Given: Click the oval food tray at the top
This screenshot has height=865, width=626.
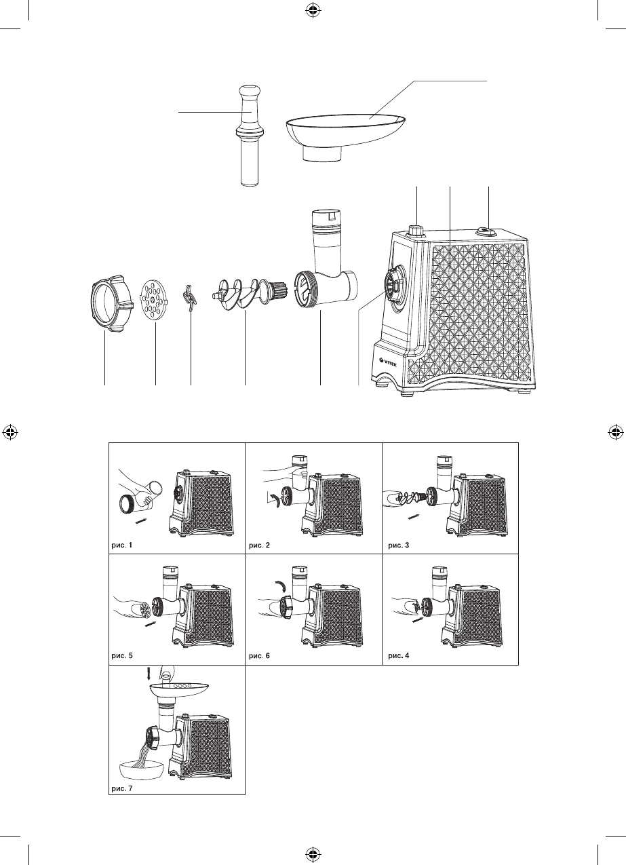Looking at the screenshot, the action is tap(346, 133).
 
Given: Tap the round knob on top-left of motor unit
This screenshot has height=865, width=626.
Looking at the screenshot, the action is tap(416, 230).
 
